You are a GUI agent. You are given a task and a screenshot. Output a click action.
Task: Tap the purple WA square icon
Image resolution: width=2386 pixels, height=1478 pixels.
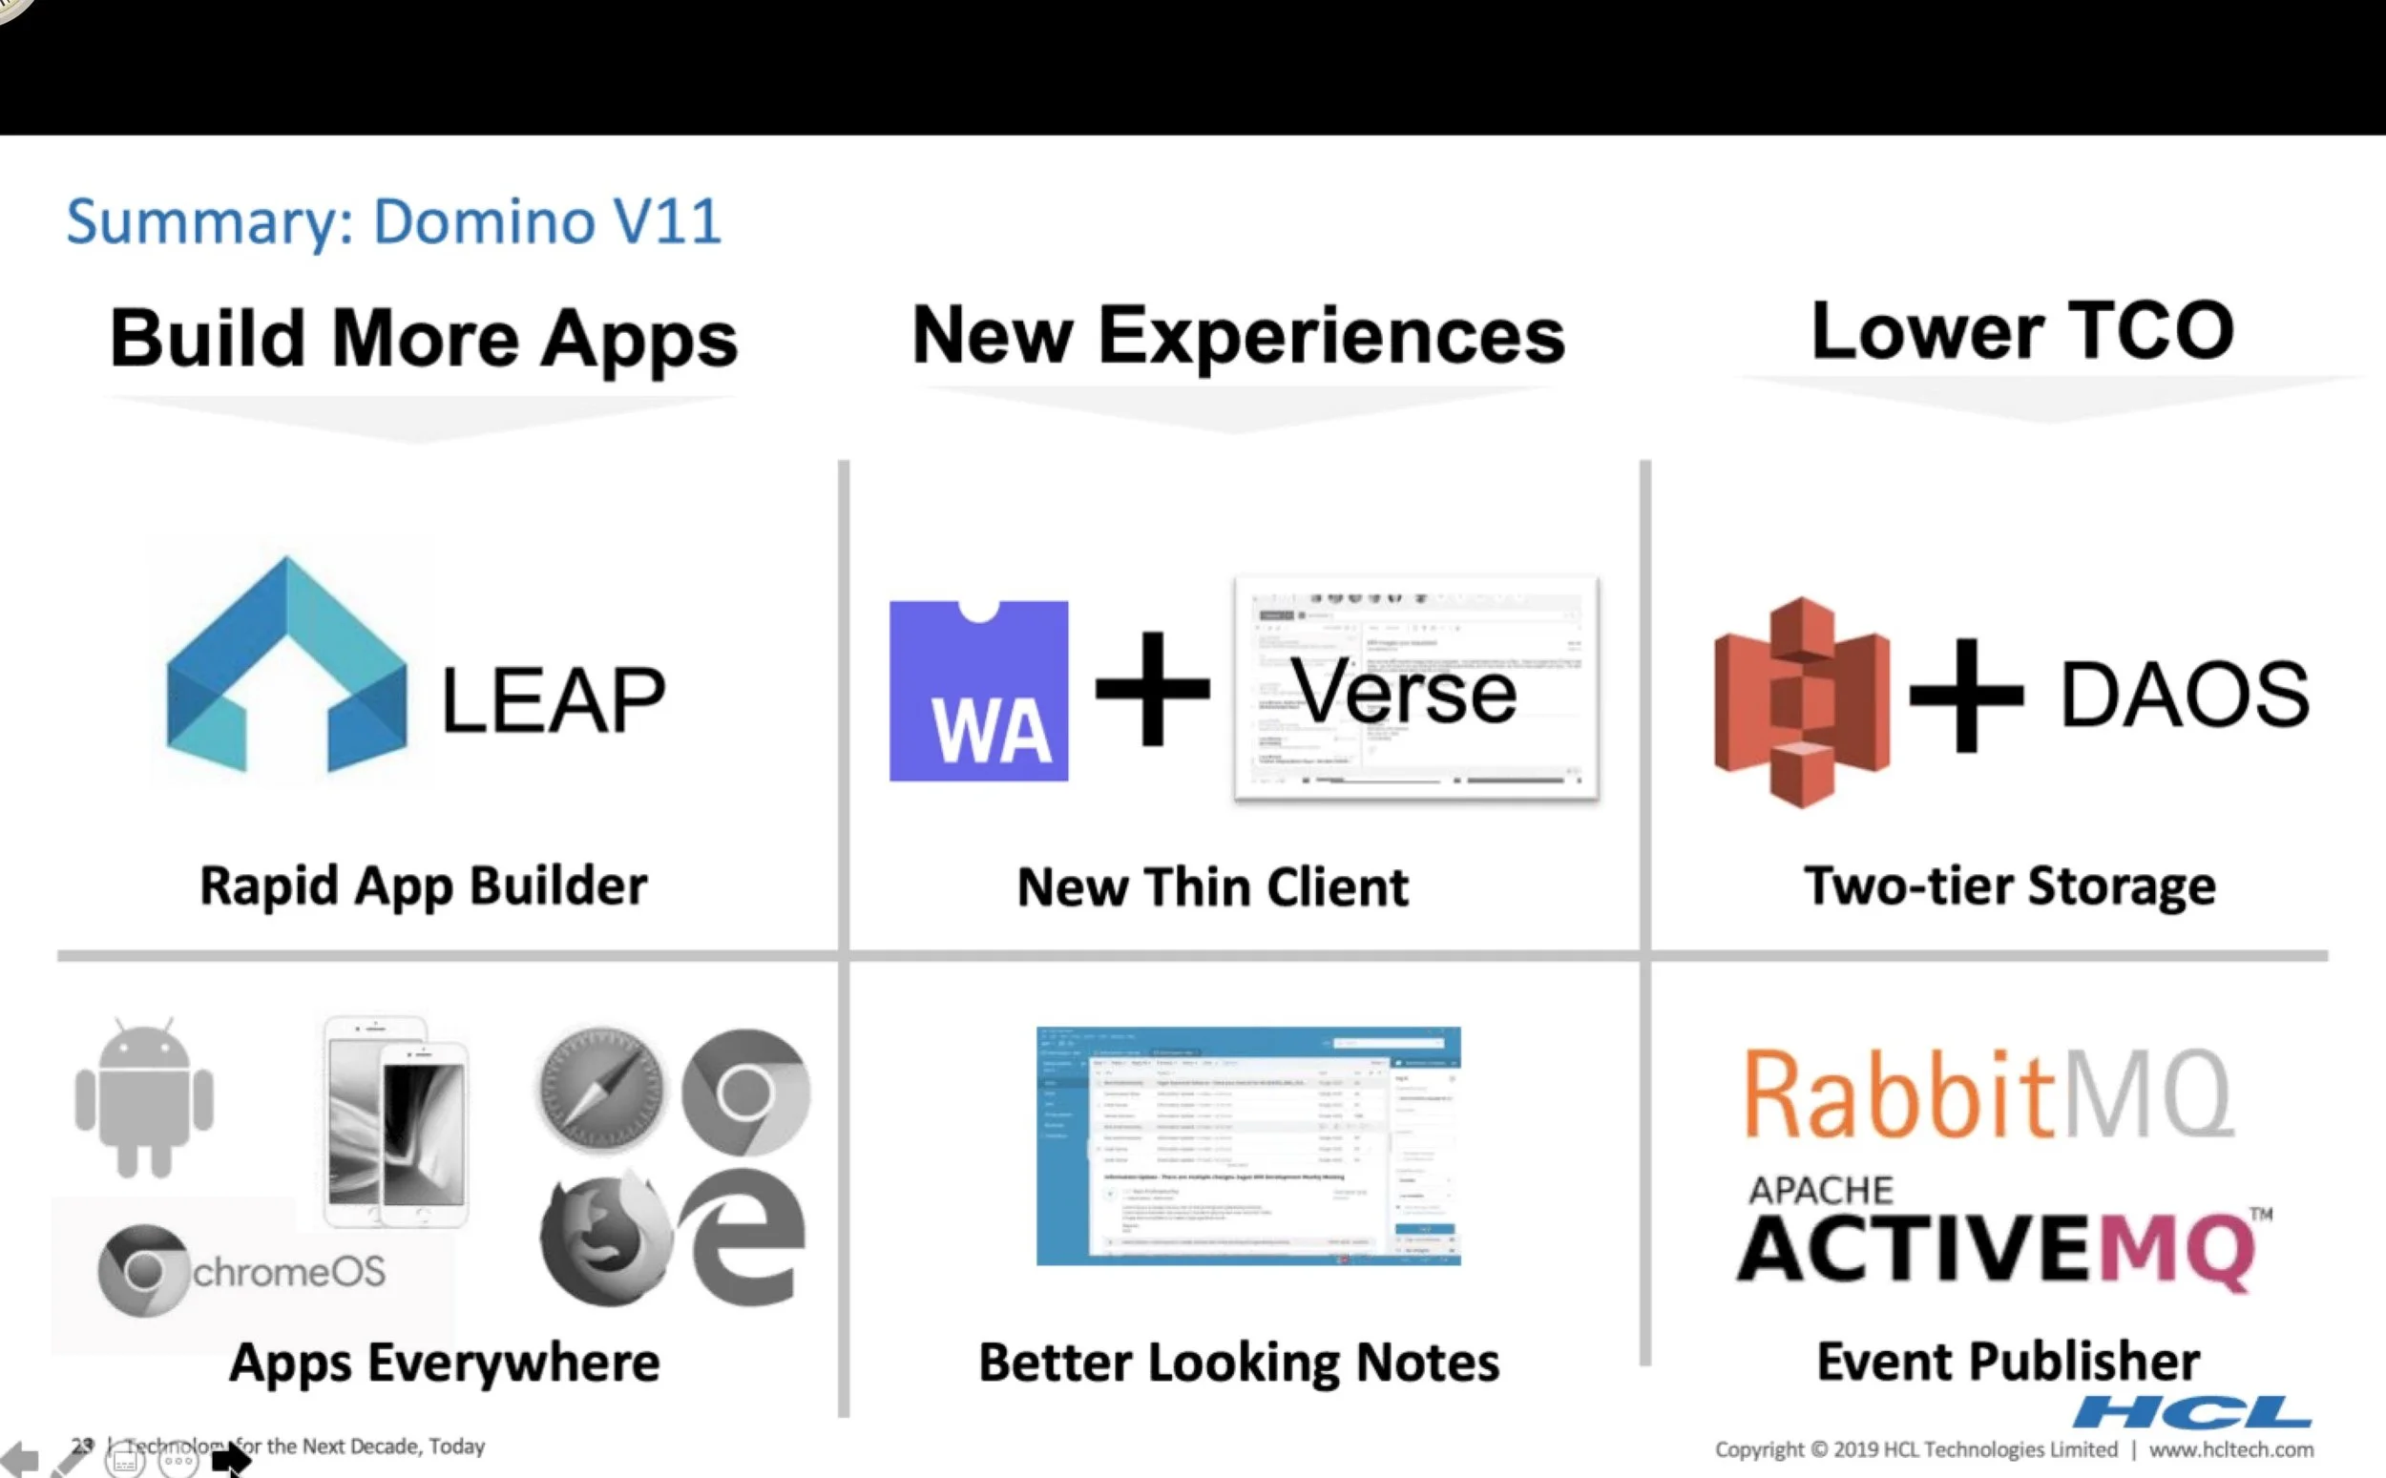(978, 691)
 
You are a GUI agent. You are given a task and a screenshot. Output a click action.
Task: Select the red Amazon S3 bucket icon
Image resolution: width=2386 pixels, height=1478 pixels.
(1802, 702)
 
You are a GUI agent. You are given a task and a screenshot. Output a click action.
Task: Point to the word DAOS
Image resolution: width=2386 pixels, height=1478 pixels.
(2185, 694)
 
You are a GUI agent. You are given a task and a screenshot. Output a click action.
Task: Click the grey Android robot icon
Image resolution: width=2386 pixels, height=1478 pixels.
(144, 1096)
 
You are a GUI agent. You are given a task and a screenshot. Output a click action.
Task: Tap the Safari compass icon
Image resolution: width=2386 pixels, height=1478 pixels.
(600, 1090)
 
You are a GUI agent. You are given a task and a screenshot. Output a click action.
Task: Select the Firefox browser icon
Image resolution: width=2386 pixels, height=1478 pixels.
(604, 1238)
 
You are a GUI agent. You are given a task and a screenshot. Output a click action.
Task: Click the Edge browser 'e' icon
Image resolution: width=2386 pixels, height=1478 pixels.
(744, 1236)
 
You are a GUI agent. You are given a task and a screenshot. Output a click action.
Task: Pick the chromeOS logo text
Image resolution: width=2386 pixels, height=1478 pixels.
(289, 1271)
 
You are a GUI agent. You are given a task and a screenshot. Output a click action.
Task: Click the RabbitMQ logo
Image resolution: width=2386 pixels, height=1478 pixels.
(1988, 1094)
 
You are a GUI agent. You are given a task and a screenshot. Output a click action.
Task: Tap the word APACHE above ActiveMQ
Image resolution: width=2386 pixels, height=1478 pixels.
(1821, 1191)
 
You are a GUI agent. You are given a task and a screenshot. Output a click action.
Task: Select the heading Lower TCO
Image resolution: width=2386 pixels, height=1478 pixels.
(2022, 330)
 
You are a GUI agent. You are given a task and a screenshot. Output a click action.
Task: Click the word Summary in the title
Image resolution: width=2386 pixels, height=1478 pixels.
(209, 222)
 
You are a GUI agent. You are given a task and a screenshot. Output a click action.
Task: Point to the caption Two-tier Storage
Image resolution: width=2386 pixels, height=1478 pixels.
(2010, 885)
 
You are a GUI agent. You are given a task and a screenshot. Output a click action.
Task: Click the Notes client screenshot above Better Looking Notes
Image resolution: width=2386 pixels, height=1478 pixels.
(1248, 1146)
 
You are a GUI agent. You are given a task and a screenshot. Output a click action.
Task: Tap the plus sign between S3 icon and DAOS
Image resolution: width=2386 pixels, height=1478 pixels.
(1966, 695)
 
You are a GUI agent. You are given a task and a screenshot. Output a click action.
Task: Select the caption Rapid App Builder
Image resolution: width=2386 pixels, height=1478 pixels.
(423, 885)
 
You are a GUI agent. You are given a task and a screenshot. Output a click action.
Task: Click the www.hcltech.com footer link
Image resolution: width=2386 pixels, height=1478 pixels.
(2230, 1449)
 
